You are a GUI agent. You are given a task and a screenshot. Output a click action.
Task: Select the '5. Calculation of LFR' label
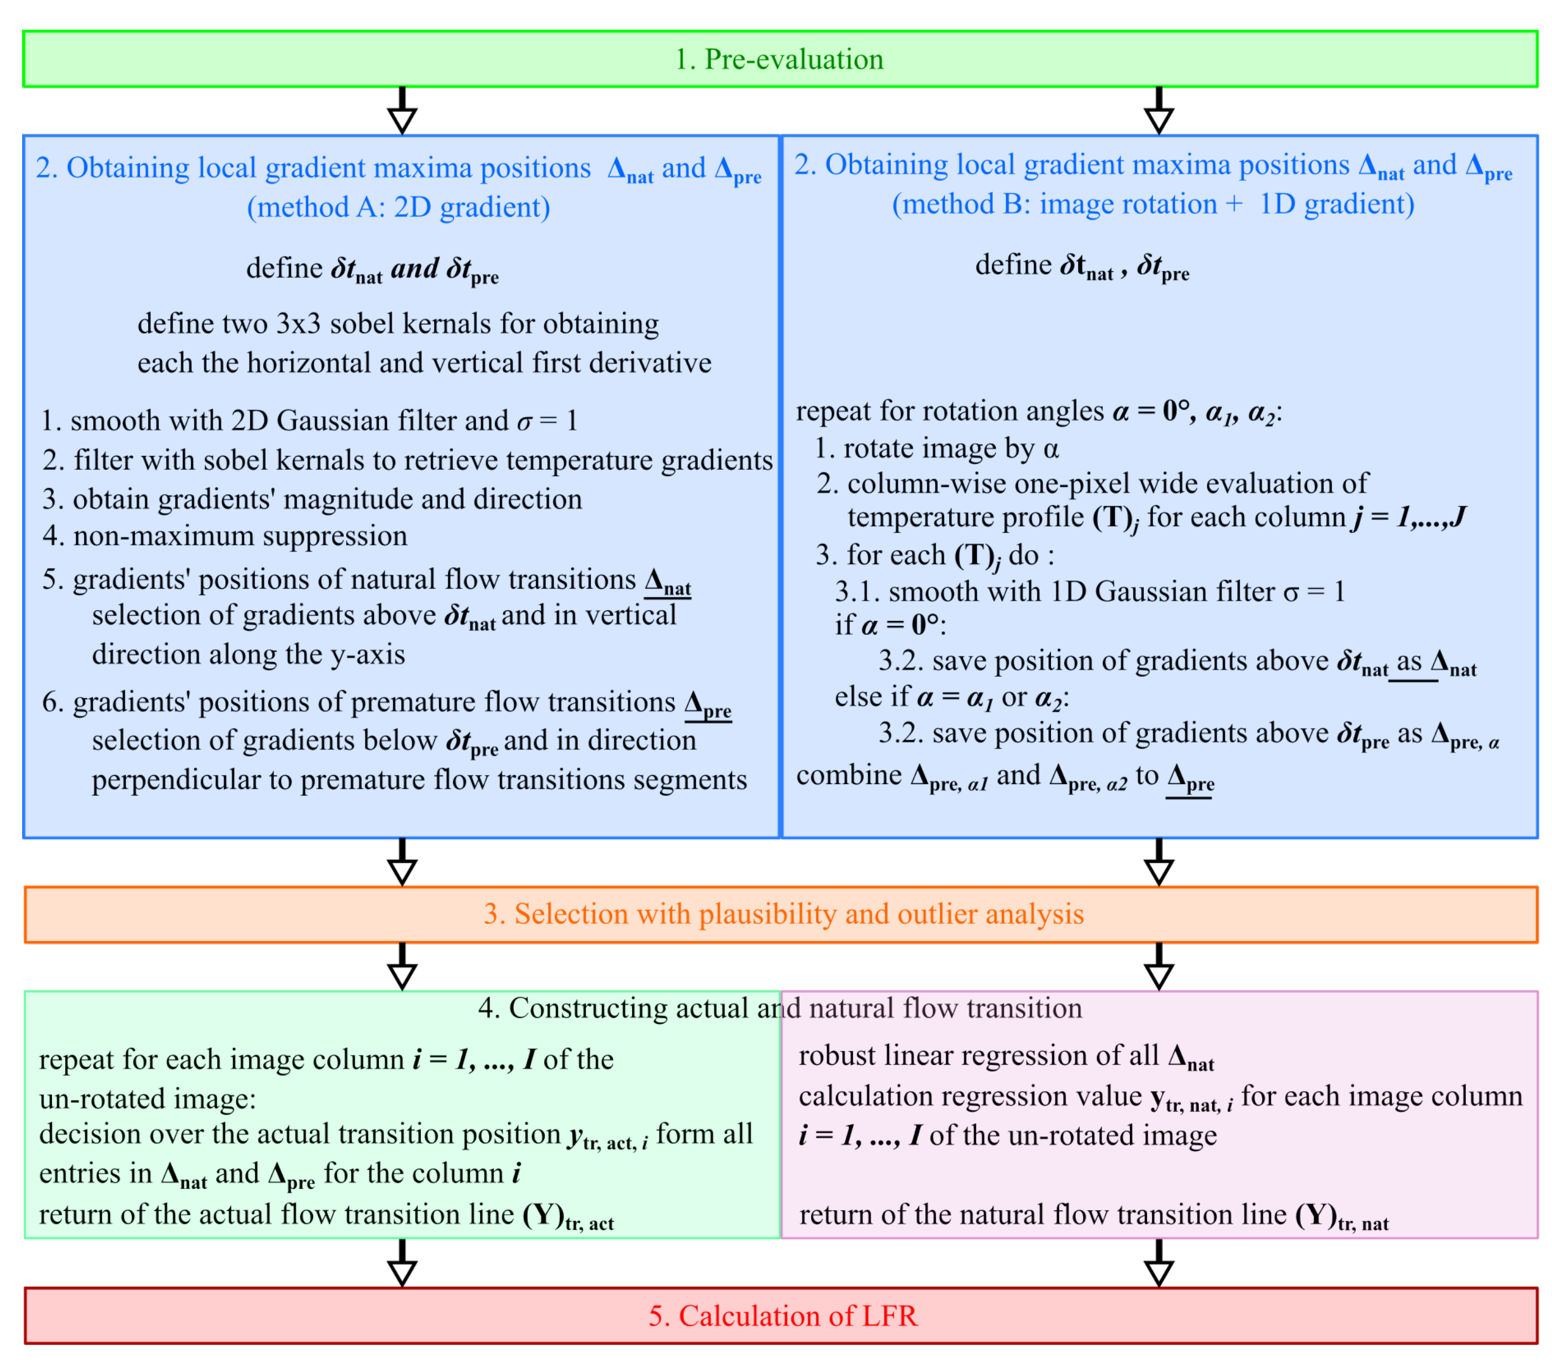[783, 1315]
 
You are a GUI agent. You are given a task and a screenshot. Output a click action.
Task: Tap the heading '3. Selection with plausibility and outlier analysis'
[784, 914]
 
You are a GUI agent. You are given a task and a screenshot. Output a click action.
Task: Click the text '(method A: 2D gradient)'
[399, 207]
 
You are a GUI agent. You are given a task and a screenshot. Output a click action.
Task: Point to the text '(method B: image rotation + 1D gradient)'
[1153, 204]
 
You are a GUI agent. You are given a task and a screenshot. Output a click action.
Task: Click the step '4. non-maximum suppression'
[225, 536]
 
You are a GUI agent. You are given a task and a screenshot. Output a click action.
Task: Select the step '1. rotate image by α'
[936, 448]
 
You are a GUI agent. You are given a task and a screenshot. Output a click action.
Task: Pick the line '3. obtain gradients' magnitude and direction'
[312, 499]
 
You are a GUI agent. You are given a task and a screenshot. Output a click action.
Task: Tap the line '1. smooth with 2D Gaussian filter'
[309, 421]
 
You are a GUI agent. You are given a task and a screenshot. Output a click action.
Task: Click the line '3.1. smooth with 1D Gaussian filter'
[1090, 591]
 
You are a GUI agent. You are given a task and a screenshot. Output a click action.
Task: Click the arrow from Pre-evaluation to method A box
[402, 111]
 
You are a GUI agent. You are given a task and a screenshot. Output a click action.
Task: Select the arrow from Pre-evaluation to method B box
[1158, 111]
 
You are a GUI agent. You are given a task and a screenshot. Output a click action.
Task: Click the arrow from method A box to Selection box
[402, 863]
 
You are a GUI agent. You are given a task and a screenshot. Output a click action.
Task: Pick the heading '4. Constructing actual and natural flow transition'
[780, 1008]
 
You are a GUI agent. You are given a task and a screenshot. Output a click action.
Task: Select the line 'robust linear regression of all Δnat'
[1006, 1056]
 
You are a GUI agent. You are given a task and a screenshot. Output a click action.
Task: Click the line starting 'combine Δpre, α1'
[1005, 776]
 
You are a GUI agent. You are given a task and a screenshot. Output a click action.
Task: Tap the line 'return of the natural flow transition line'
[1093, 1215]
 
